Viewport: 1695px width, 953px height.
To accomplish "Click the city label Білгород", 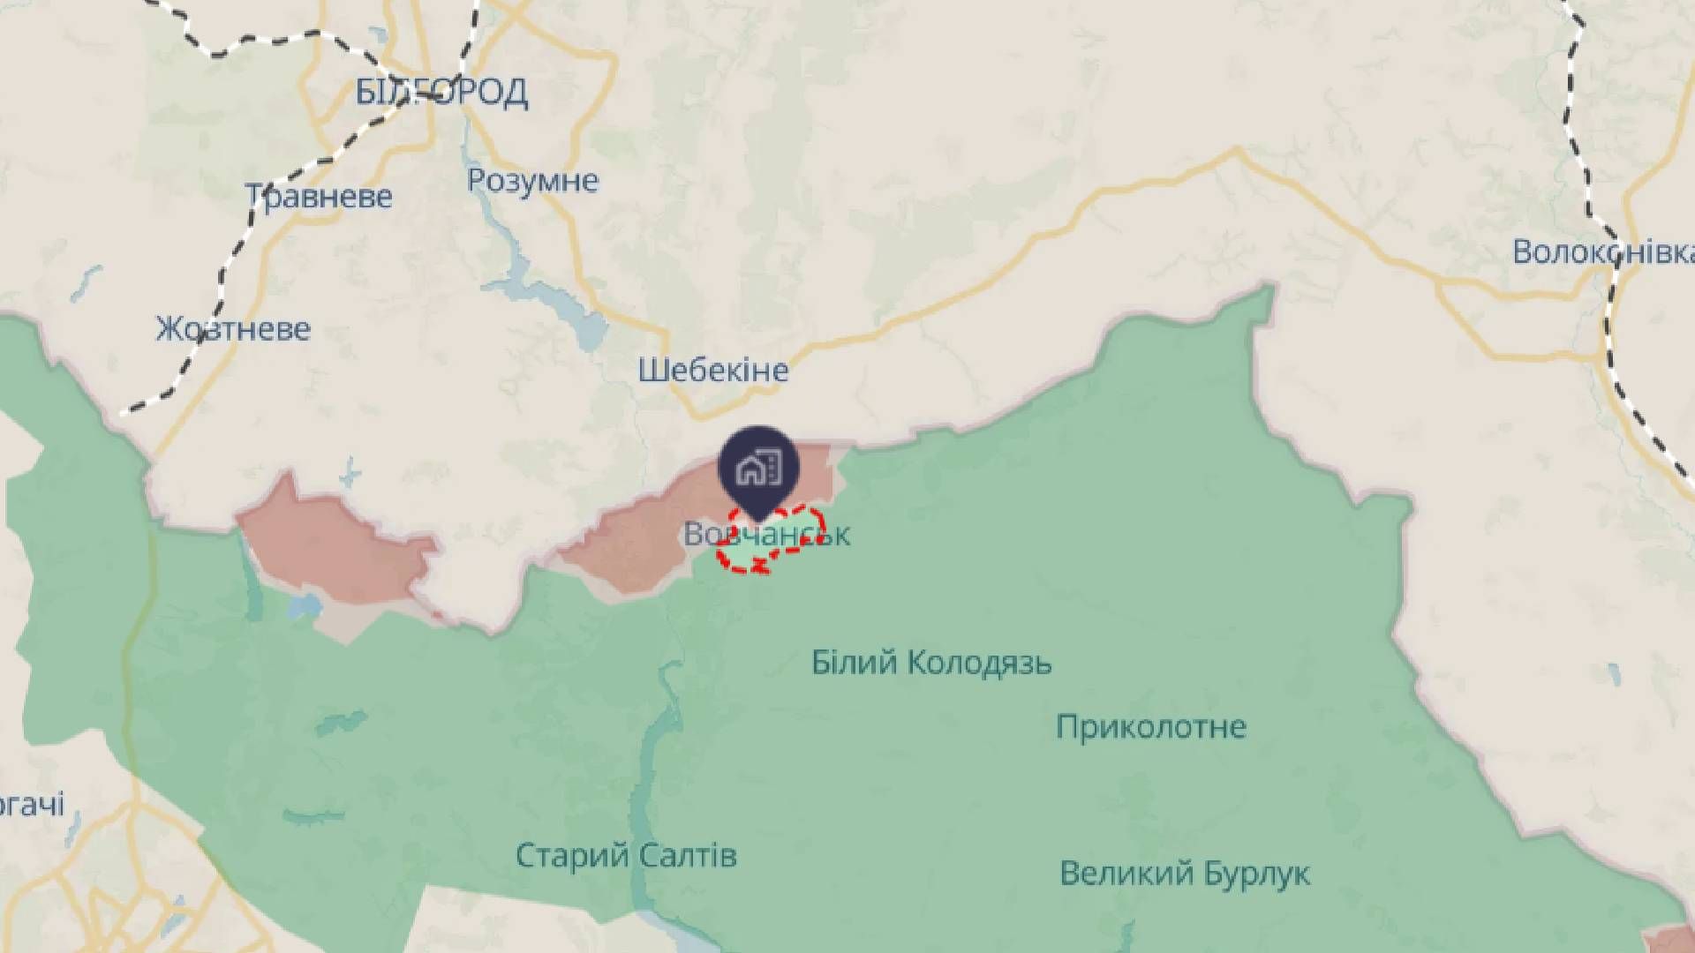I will (x=441, y=92).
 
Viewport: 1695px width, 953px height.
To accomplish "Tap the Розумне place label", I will (x=532, y=181).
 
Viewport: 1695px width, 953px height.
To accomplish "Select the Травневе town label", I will (x=318, y=196).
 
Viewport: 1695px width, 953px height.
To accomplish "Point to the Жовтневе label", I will (x=233, y=329).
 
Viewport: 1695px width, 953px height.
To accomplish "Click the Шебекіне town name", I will (x=713, y=370).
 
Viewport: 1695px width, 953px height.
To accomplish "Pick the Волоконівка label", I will (x=1602, y=252).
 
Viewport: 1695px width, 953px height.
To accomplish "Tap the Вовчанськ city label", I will (x=766, y=534).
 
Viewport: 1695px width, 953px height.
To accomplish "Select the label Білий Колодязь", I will (x=931, y=662).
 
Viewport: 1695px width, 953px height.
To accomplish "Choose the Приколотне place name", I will (x=1151, y=727).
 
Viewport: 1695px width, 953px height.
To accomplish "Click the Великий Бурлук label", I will (x=1185, y=874).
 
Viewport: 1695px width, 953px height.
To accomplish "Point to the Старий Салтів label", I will (x=626, y=855).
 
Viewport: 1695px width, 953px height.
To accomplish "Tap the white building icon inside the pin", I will (x=758, y=468).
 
